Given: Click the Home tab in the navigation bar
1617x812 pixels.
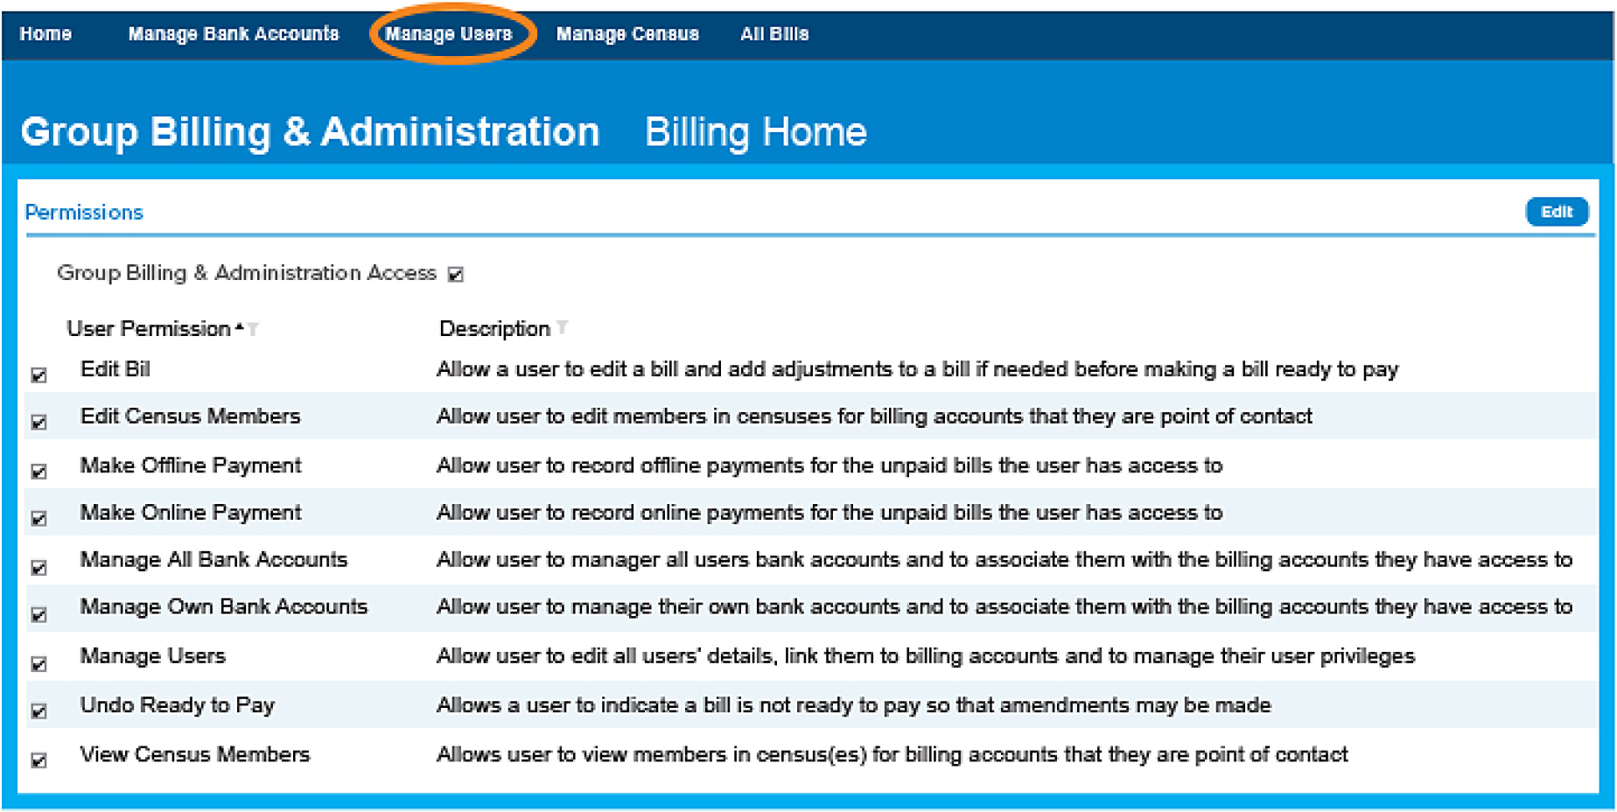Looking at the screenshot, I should [x=45, y=34].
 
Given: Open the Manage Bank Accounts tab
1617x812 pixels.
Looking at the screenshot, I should [x=233, y=34].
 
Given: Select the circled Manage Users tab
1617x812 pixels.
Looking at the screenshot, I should [x=449, y=34].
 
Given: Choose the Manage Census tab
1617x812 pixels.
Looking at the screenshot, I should [x=627, y=34].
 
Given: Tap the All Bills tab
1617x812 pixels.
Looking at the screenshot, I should [x=774, y=34].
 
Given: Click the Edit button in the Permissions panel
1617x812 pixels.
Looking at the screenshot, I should [x=1556, y=212].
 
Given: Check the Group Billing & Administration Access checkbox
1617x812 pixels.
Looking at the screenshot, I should [x=456, y=275].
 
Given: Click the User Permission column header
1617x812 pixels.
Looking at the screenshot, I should [x=149, y=329].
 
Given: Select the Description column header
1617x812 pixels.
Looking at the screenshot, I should [x=494, y=329].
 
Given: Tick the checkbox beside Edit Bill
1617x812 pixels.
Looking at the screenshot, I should [x=39, y=375].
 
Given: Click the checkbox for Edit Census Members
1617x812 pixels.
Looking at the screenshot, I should [x=39, y=423].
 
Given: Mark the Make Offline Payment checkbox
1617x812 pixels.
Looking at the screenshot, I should [x=39, y=472].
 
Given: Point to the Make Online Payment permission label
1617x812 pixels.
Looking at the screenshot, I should [x=191, y=513].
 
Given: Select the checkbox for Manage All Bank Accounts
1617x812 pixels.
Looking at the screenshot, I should [x=39, y=568].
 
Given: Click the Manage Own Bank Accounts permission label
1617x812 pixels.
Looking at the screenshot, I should [x=224, y=607].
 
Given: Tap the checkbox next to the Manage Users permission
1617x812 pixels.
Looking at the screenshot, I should [x=39, y=664].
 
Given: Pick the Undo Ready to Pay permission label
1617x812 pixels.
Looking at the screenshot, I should [x=178, y=705].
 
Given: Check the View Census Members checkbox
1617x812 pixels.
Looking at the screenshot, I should [x=39, y=760].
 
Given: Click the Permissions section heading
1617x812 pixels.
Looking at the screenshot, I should [x=84, y=213].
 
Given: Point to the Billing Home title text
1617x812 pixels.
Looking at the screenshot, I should [x=755, y=133].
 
